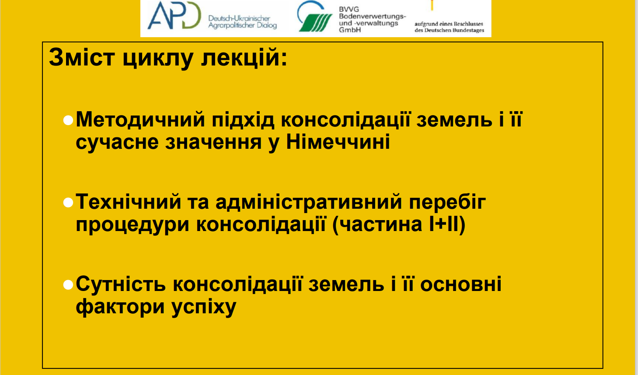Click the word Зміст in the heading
click(82, 57)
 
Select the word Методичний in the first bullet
click(140, 119)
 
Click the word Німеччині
click(338, 142)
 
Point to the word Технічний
click(129, 201)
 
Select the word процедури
click(132, 225)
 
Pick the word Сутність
click(121, 284)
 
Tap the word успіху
click(204, 308)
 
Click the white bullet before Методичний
click(68, 120)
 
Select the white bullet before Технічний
click(68, 203)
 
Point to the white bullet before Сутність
click(68, 285)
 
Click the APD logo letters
click(174, 15)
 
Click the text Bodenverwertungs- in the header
click(372, 16)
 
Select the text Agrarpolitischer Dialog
click(242, 26)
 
